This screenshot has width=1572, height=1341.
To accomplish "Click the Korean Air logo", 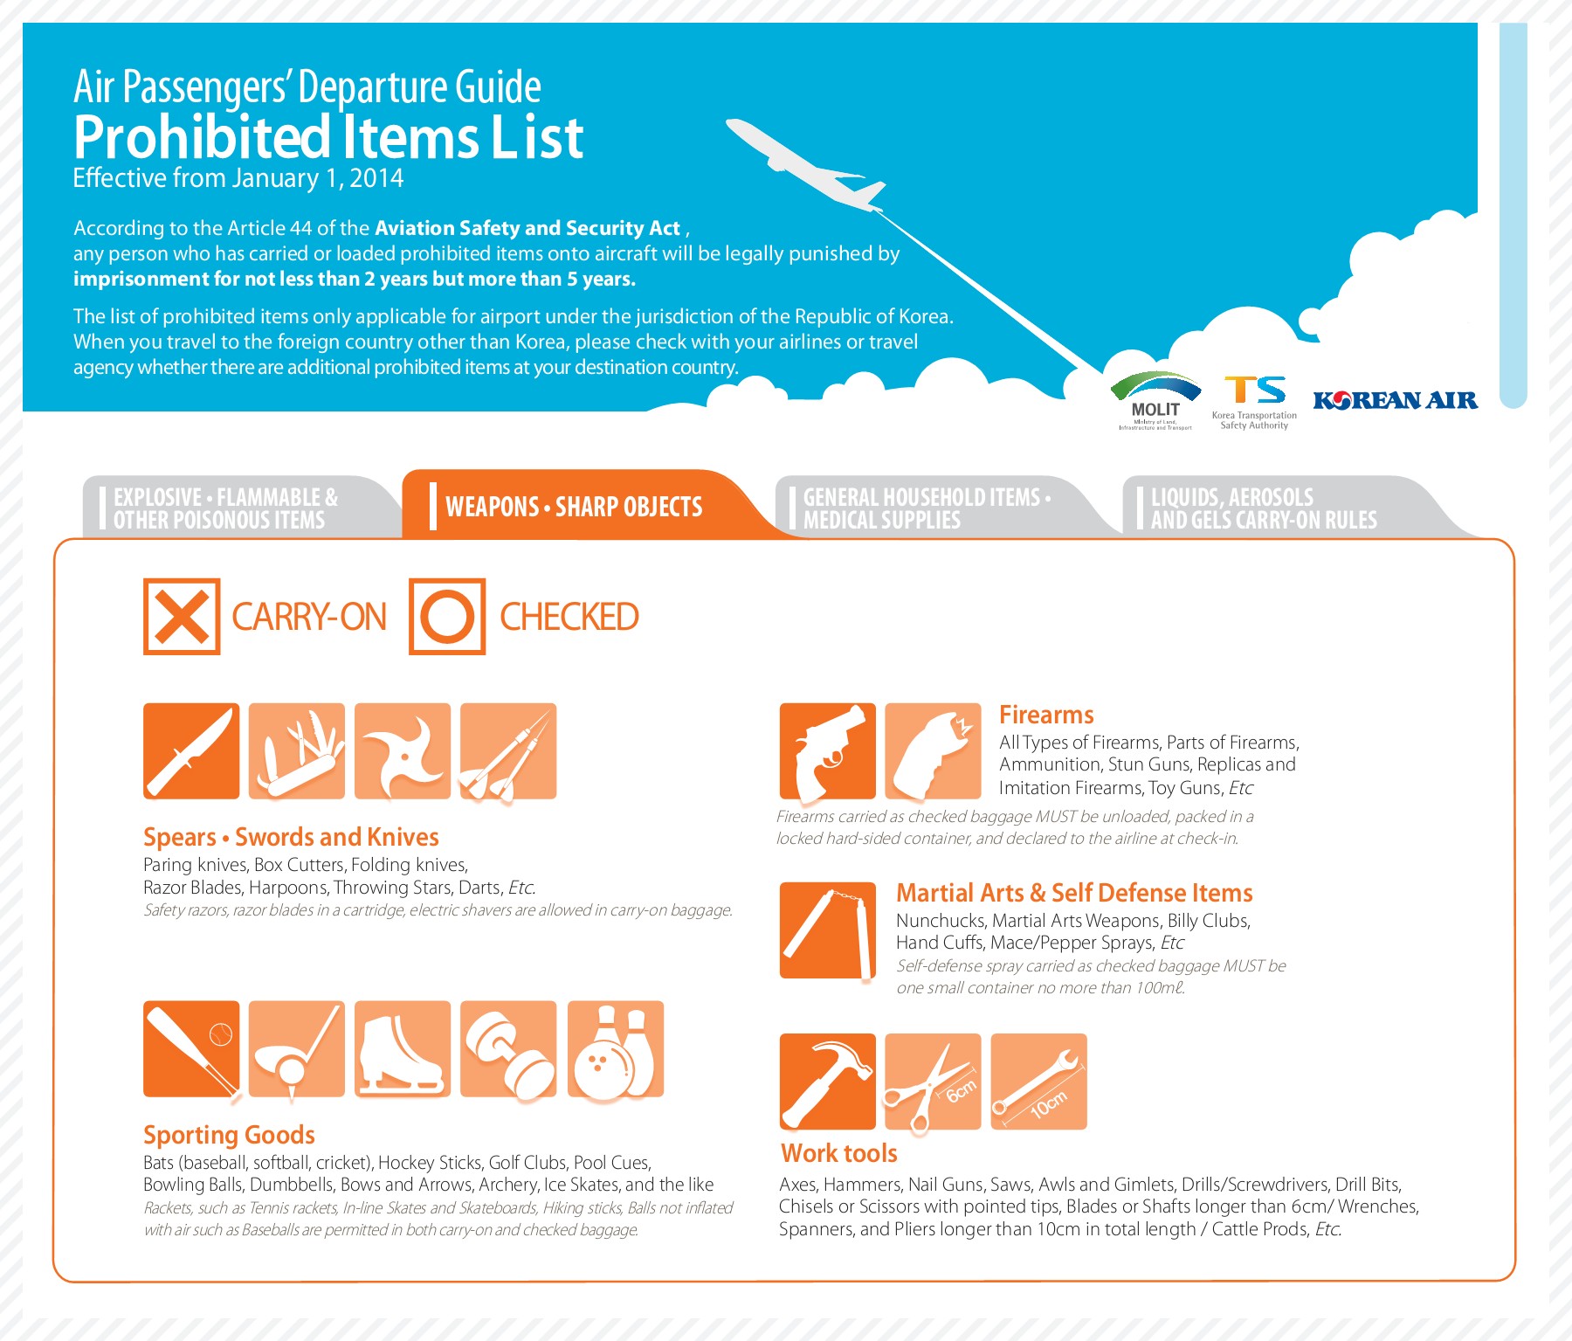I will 1395,400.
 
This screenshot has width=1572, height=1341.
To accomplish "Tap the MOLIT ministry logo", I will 1155,401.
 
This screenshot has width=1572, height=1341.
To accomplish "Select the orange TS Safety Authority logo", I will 1254,402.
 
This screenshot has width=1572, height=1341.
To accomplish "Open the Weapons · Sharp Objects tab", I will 574,507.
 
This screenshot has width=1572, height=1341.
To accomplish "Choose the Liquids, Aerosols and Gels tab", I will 1263,508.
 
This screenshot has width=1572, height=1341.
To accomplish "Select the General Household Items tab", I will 926,508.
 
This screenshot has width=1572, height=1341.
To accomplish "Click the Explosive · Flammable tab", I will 225,508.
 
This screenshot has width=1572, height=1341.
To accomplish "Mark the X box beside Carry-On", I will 182,617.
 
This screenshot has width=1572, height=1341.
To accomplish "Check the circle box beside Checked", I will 447,617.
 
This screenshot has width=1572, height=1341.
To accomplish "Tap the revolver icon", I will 827,751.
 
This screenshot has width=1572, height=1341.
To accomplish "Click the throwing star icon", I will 403,751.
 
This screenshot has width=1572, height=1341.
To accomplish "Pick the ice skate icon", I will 403,1049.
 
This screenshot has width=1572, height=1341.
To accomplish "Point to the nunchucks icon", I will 827,930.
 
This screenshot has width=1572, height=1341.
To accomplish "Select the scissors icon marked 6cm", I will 933,1082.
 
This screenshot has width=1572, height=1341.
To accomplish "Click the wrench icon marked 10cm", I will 1038,1082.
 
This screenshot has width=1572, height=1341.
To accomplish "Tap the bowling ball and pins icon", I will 616,1049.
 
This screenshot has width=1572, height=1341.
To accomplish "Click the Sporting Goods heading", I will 229,1135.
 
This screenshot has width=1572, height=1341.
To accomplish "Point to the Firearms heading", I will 1046,715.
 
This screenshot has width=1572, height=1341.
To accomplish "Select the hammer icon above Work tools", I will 827,1082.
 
